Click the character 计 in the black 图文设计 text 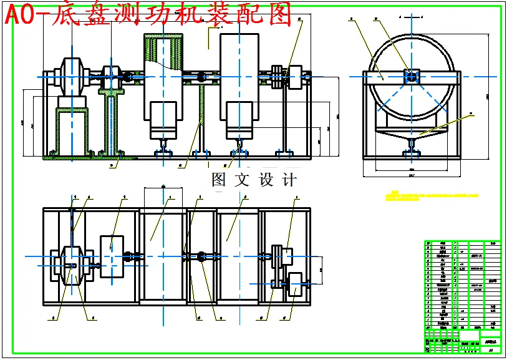tap(289, 180)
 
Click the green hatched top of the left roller tap(162, 47)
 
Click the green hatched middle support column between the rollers tap(201, 119)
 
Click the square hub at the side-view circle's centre tap(412, 76)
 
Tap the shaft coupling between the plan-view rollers tap(201, 256)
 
